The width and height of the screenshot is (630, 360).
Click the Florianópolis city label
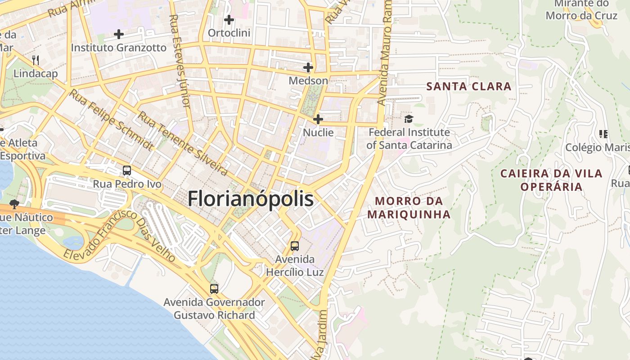pyautogui.click(x=250, y=198)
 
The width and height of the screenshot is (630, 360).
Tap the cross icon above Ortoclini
pyautogui.click(x=229, y=20)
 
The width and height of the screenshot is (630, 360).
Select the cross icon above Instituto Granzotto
pyautogui.click(x=119, y=34)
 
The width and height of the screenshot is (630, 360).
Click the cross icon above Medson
pyautogui.click(x=308, y=68)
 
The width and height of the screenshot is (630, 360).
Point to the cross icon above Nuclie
pyautogui.click(x=318, y=119)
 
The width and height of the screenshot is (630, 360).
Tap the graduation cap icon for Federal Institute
pyautogui.click(x=409, y=119)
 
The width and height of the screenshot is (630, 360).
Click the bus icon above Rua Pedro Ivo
pyautogui.click(x=127, y=171)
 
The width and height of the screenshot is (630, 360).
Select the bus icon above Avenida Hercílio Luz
pyautogui.click(x=295, y=246)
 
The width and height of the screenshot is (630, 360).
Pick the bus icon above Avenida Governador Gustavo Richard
pyautogui.click(x=214, y=288)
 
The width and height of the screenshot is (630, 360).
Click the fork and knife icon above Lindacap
pyautogui.click(x=36, y=60)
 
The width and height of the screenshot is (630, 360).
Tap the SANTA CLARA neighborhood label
pyautogui.click(x=469, y=86)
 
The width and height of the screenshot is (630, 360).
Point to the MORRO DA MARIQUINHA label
pyautogui.click(x=409, y=207)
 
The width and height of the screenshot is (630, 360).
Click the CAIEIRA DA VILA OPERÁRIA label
pyautogui.click(x=551, y=180)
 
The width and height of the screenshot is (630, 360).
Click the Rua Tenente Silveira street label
pyautogui.click(x=183, y=143)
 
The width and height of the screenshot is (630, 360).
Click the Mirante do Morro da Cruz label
pyautogui.click(x=581, y=10)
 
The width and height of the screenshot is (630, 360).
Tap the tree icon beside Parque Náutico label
pyautogui.click(x=14, y=204)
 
